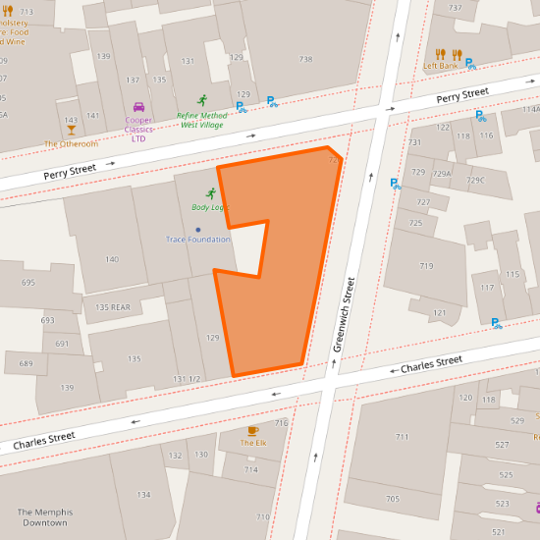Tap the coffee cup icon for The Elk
253,430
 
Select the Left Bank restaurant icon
441,54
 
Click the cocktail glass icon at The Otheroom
71,130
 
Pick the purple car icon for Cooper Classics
138,107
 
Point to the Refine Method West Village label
201,120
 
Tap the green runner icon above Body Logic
210,193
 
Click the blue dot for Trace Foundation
197,230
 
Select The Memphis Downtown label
43,517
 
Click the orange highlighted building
285,295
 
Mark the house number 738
306,60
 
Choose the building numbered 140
112,259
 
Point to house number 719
426,266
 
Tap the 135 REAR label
113,307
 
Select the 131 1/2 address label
187,379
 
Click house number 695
27,283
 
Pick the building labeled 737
455,8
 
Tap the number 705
392,499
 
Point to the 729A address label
444,174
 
